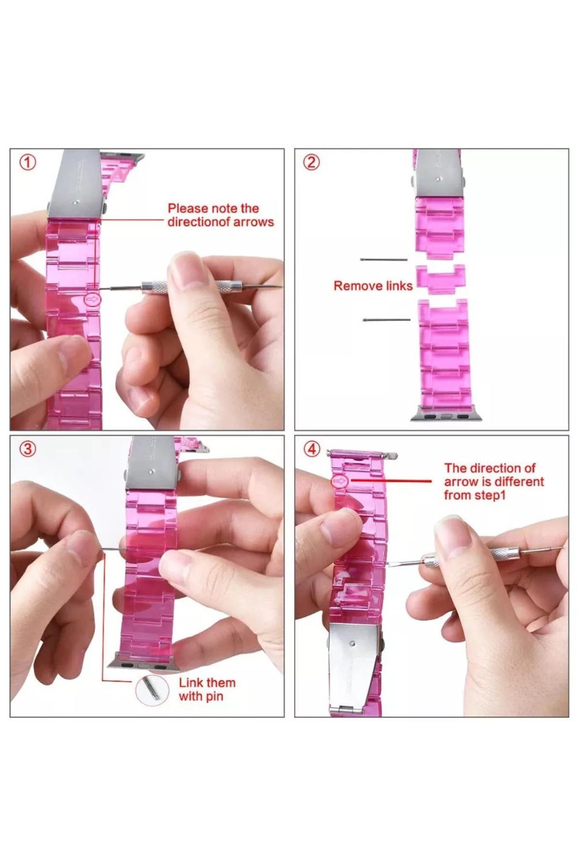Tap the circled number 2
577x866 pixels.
(311, 162)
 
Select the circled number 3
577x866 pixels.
(28, 449)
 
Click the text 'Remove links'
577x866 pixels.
(373, 286)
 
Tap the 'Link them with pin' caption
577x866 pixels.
(207, 689)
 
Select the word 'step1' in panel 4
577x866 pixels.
(488, 495)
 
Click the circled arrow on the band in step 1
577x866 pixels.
(92, 299)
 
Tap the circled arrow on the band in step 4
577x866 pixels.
(339, 481)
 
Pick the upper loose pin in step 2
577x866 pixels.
(384, 259)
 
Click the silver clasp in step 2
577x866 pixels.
(439, 173)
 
